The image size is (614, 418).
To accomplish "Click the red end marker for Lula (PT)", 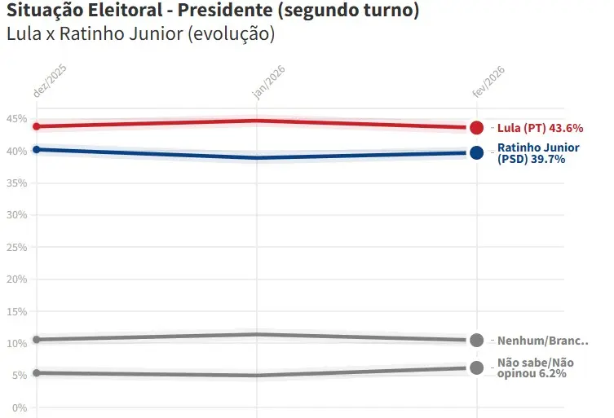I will coord(477,128).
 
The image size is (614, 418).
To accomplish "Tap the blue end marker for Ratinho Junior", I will coord(477,152).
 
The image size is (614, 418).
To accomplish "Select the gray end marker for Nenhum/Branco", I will coord(477,341).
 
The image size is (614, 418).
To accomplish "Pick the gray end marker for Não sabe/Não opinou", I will coord(477,367).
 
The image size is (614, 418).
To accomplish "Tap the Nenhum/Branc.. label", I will coord(542,341).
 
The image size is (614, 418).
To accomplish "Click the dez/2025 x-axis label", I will coord(50,81).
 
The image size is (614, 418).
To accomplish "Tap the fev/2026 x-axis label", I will coord(489,82).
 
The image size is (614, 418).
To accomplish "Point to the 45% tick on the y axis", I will coord(17,119).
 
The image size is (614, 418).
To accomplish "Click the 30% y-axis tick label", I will coord(17,215).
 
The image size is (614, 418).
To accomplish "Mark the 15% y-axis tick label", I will coord(17,311).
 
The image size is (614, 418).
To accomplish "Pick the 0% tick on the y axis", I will coord(20,407).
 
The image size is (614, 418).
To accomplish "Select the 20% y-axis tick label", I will coord(17,279).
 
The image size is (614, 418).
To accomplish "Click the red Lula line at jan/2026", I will coord(257,121).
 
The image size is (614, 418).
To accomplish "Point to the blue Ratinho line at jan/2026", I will coord(257,157).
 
